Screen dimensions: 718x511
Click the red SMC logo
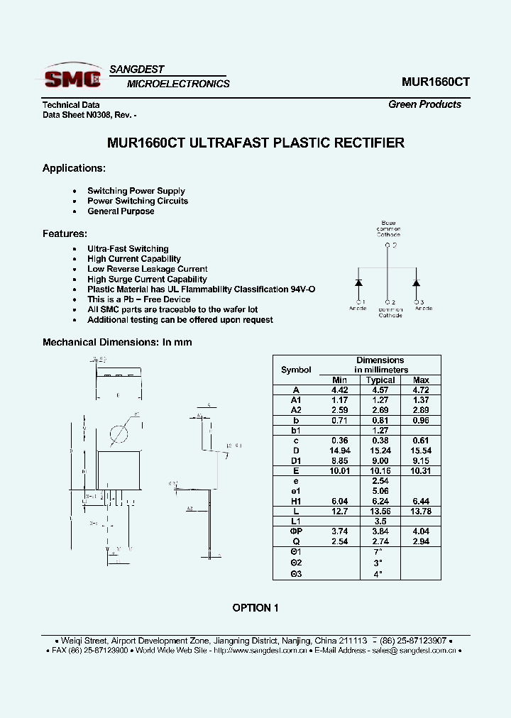pos(72,77)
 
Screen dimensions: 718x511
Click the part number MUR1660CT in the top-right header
pos(435,82)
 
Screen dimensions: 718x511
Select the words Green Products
pos(424,104)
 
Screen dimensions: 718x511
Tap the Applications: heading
pos(74,168)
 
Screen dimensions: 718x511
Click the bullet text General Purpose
pos(121,211)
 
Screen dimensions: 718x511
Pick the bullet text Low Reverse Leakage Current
pos(147,269)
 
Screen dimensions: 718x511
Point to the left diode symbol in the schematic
pos(358,283)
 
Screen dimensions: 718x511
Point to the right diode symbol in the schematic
pos(417,283)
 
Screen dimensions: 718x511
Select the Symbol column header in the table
pos(296,370)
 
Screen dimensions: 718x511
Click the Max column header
pos(421,380)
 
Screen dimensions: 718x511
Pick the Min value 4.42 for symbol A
pos(340,390)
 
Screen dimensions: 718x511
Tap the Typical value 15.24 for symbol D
pos(380,451)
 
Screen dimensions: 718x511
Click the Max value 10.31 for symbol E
pos(421,470)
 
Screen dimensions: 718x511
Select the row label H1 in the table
pos(296,501)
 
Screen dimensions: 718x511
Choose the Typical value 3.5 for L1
pos(380,521)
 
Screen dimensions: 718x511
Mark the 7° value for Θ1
pos(380,551)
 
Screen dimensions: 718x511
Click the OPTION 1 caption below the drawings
pos(255,608)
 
